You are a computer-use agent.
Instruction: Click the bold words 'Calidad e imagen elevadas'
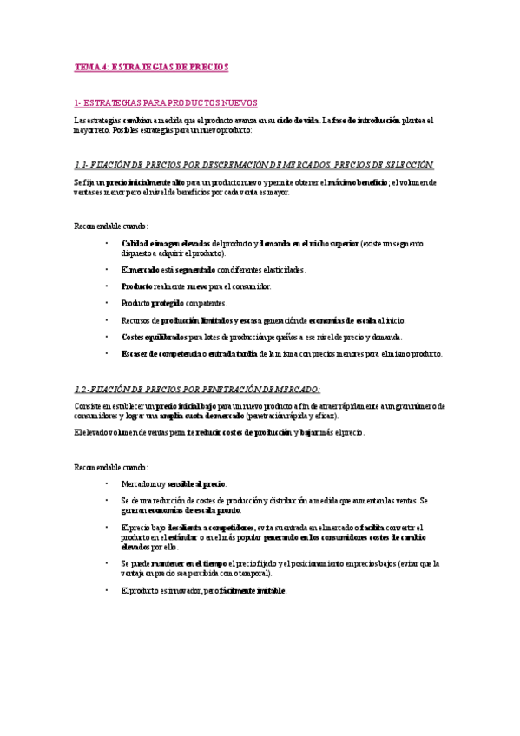pyautogui.click(x=165, y=244)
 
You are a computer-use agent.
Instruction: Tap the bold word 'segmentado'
pyautogui.click(x=194, y=270)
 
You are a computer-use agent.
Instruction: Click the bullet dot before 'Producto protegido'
pyautogui.click(x=106, y=303)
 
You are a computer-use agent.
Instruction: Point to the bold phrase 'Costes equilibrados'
pyautogui.click(x=155, y=337)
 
